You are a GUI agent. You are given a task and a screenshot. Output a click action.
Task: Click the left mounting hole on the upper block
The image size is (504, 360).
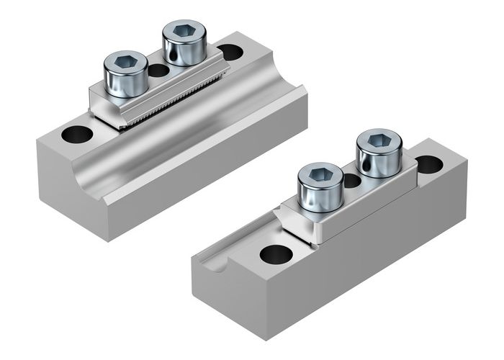pyautogui.click(x=77, y=134)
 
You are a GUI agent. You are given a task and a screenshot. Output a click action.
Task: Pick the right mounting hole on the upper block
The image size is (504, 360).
pyautogui.click(x=230, y=52)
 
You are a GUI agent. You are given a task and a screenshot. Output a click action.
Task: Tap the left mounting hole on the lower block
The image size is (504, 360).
pyautogui.click(x=276, y=253)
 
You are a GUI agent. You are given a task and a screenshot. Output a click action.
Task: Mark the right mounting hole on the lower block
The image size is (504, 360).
pyautogui.click(x=429, y=164)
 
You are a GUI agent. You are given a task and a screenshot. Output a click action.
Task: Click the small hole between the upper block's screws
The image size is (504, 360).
pyautogui.click(x=158, y=71)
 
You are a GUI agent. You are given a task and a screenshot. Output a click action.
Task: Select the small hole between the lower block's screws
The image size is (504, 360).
pyautogui.click(x=352, y=180)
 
